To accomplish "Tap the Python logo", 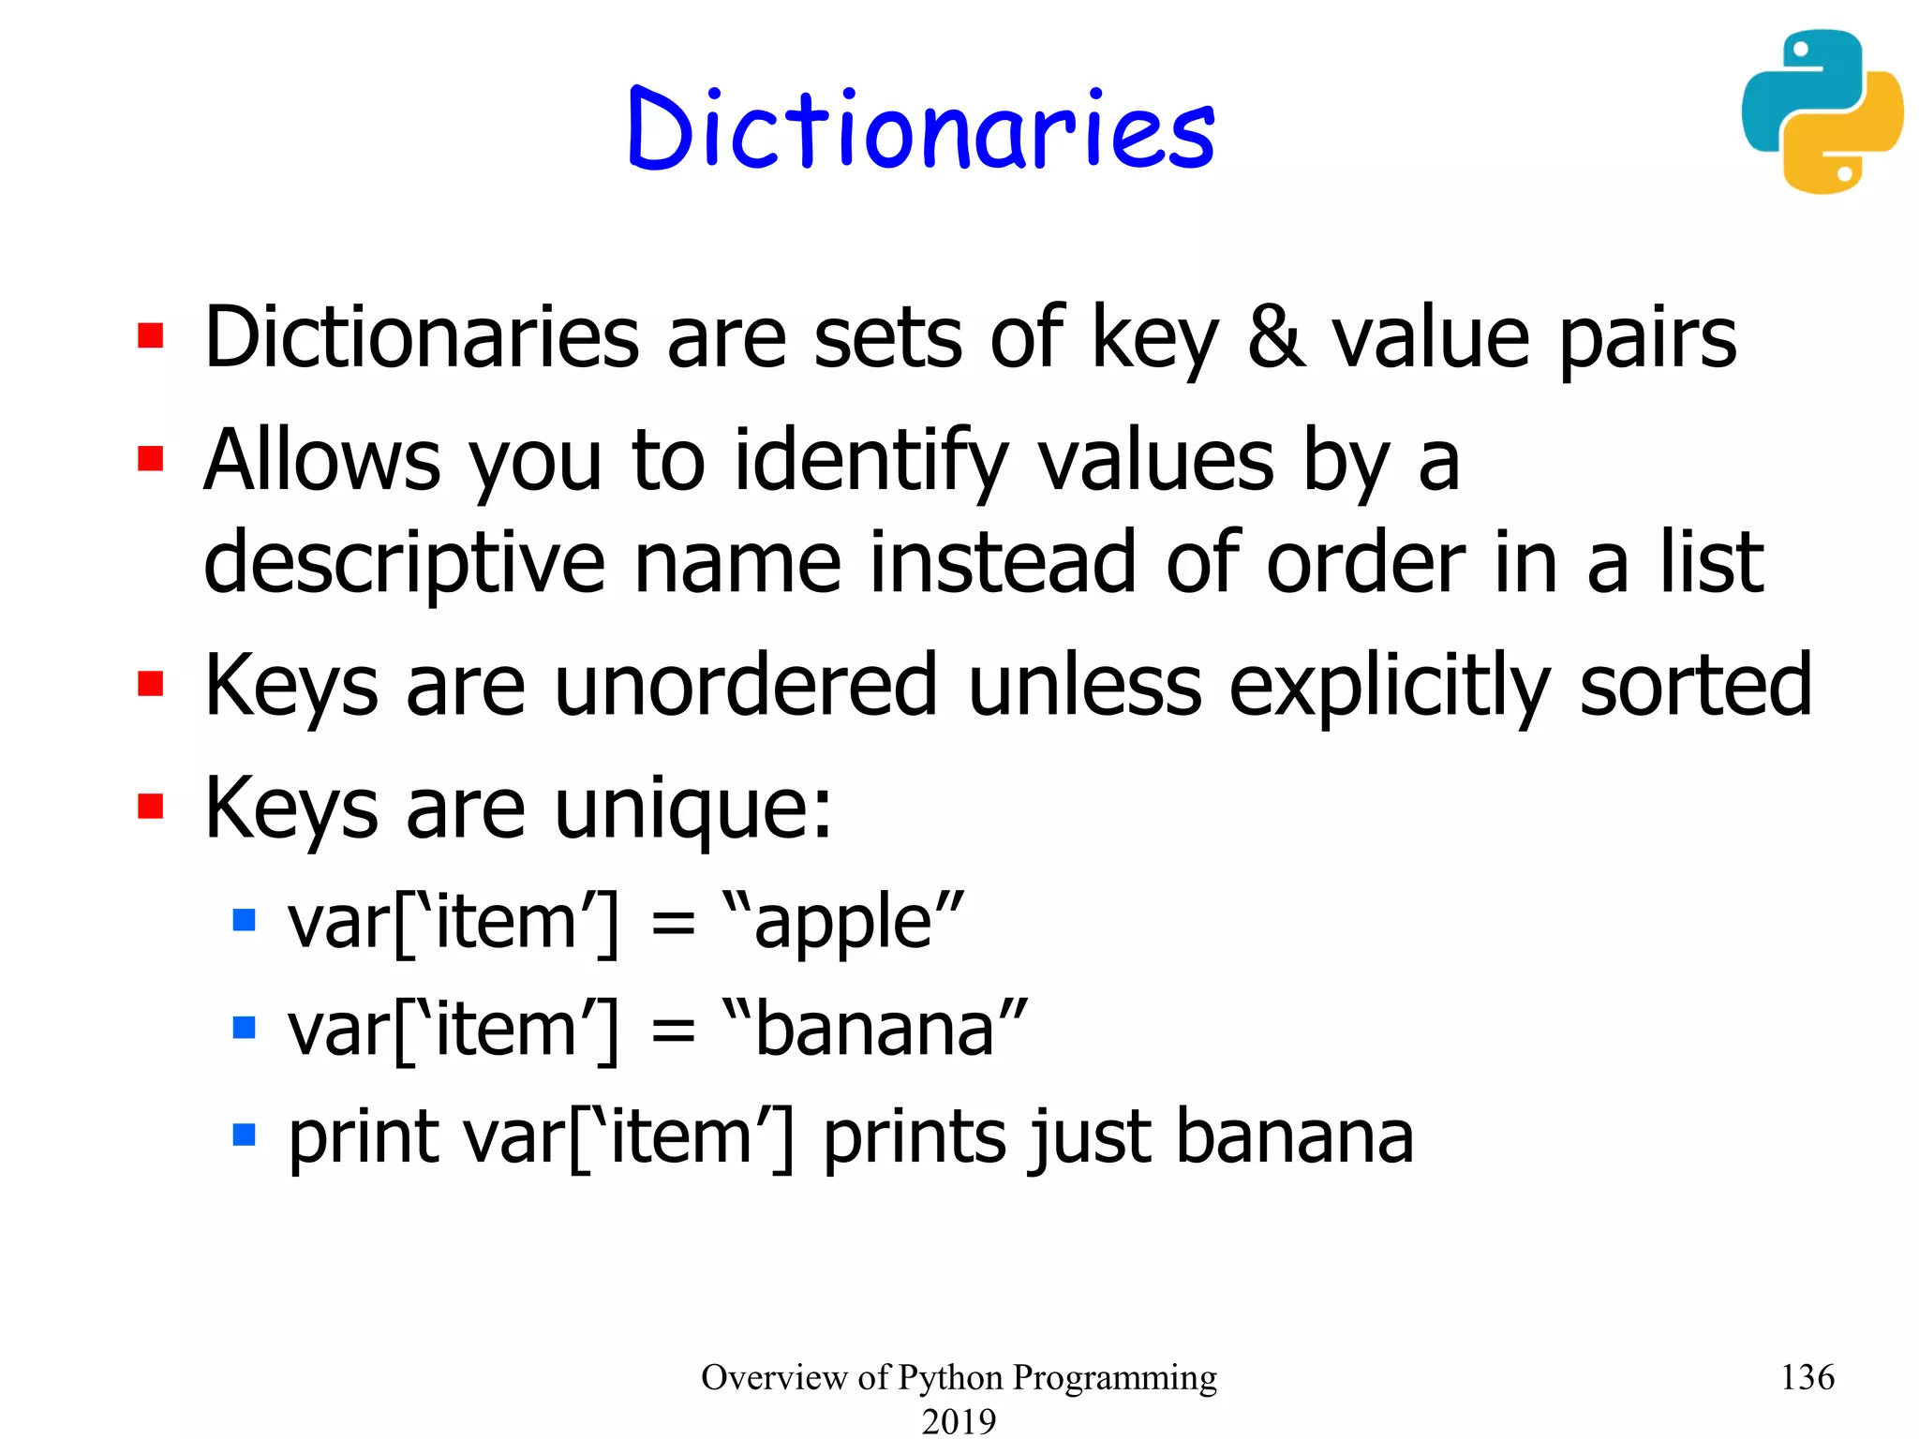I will pyautogui.click(x=1822, y=112).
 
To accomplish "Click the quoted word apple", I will pyautogui.click(x=843, y=924).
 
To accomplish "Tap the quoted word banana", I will pyautogui.click(x=875, y=1029).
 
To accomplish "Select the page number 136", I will pyautogui.click(x=1807, y=1377).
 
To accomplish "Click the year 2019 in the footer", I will pyautogui.click(x=959, y=1420).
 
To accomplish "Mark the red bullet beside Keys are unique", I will pyautogui.click(x=151, y=807).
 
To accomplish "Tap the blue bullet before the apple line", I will pyautogui.click(x=245, y=920).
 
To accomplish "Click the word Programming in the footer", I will pyautogui.click(x=1114, y=1378).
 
